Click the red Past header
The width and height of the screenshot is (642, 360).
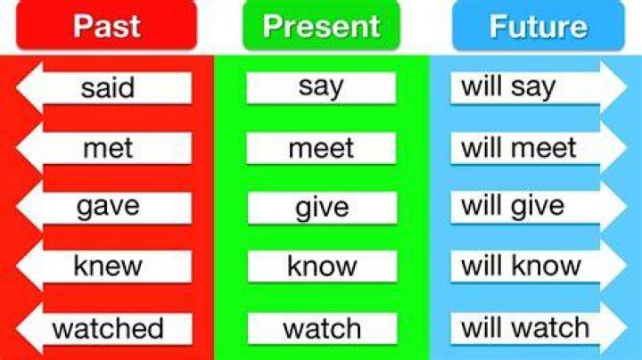106,25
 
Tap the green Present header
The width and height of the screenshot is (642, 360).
321,25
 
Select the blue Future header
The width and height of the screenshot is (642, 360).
539,25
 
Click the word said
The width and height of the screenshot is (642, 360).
108,87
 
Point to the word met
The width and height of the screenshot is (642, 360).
108,148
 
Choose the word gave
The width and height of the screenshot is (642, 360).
108,207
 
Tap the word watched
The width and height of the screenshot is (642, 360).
108,328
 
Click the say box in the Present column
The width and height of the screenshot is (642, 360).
321,87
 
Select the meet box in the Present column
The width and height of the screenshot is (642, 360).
321,148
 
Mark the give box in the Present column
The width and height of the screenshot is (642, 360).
322,208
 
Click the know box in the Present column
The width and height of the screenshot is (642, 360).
322,266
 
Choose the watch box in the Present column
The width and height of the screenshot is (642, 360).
322,329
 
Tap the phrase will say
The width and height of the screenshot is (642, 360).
508,87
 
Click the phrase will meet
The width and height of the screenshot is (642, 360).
519,148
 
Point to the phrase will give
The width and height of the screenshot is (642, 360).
513,206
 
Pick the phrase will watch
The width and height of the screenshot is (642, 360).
525,328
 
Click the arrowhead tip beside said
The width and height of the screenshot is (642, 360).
16,87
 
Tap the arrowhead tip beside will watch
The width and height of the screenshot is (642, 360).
627,328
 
